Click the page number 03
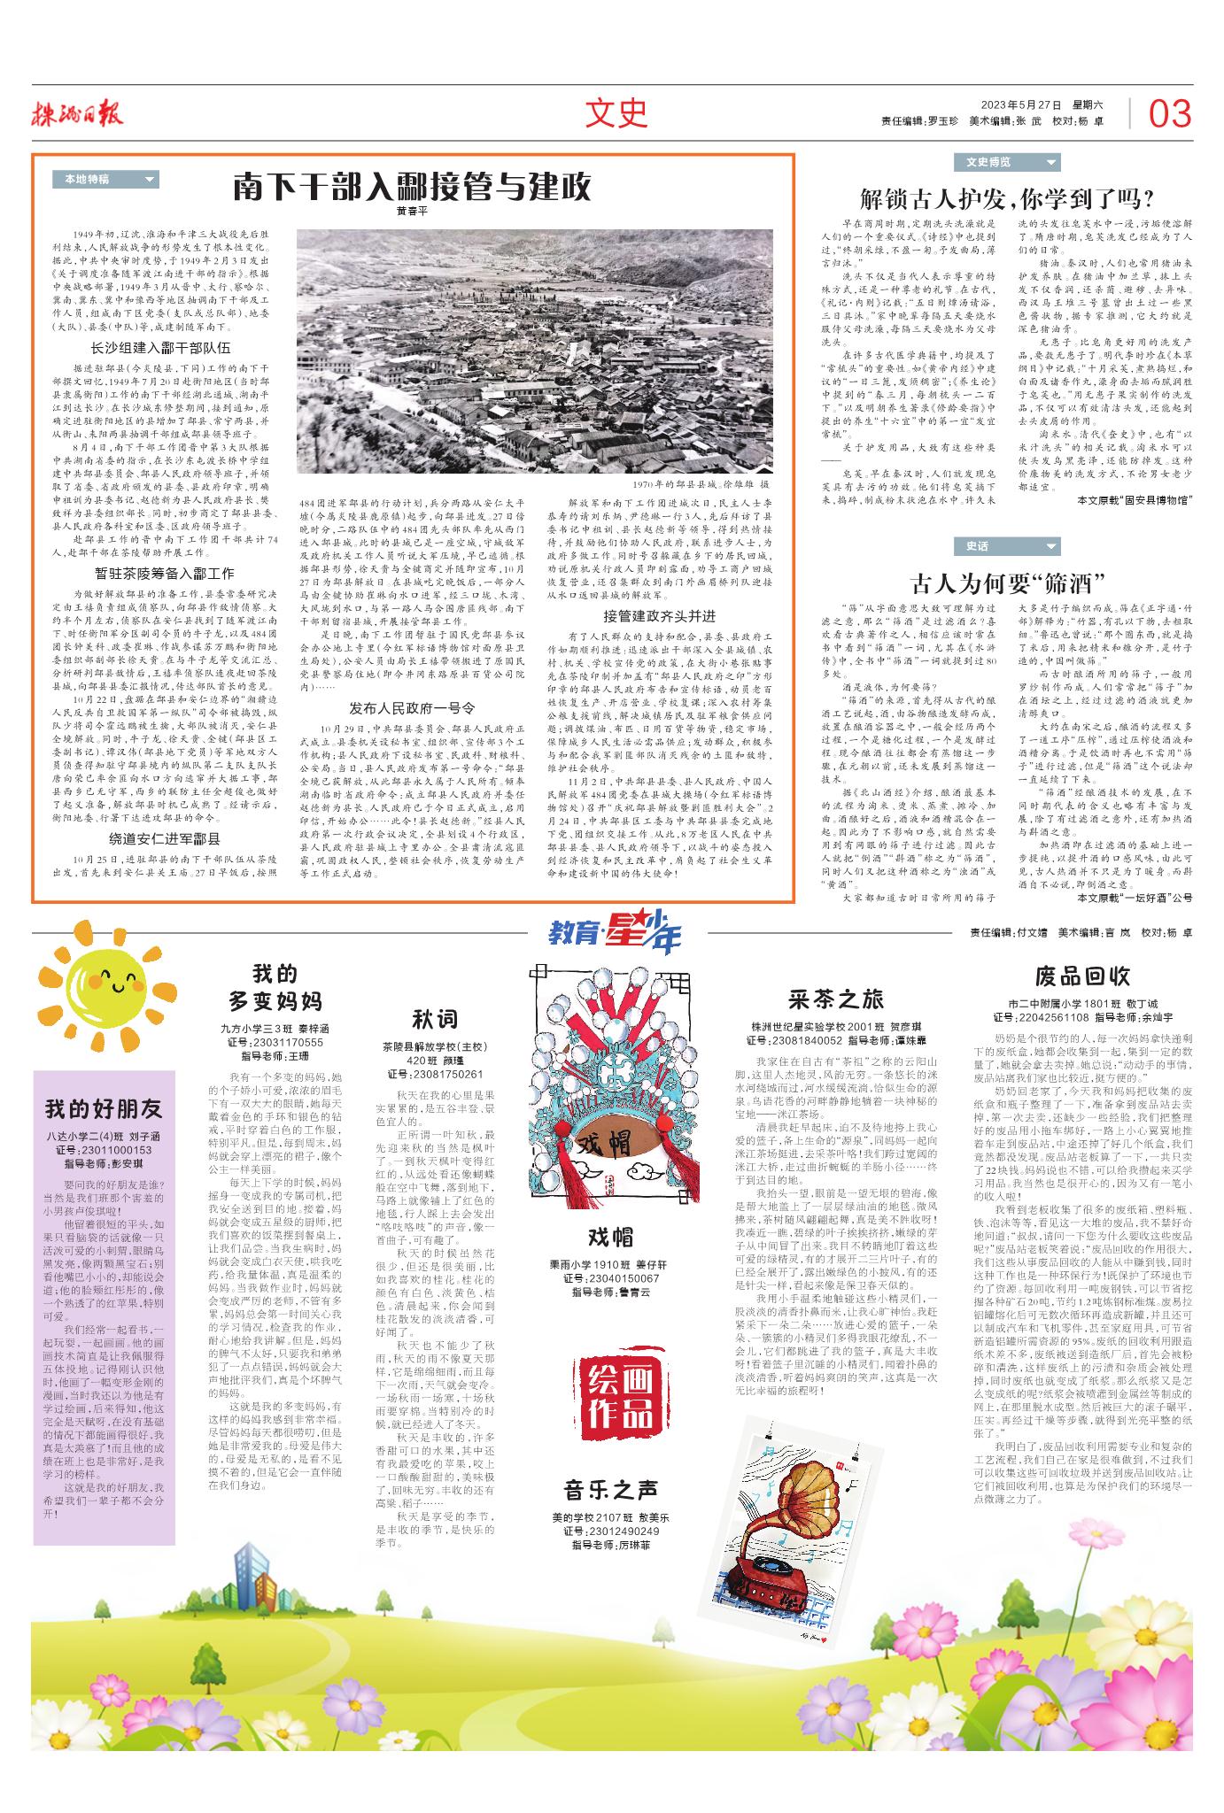point(1170,114)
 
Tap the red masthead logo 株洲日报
point(79,113)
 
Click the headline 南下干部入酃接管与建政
point(413,188)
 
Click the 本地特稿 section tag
point(105,179)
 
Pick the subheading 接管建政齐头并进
point(660,615)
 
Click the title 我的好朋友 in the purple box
point(104,1109)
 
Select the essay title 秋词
point(434,1019)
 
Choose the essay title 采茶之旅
point(836,999)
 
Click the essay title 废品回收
point(1082,976)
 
